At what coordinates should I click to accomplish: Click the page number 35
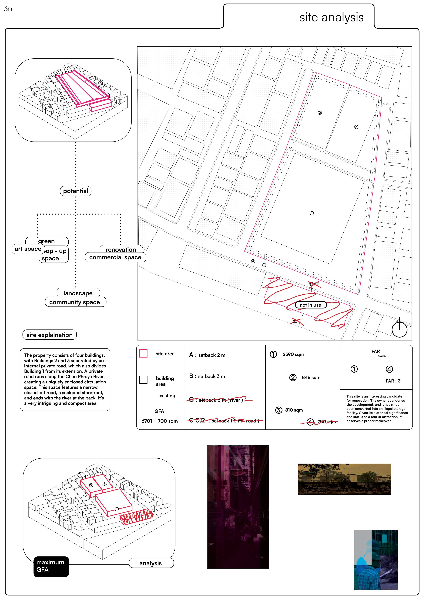pos(8,9)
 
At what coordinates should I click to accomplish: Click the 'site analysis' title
pos(331,17)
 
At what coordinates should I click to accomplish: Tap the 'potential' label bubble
pos(76,191)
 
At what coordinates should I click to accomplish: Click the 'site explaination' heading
pos(50,335)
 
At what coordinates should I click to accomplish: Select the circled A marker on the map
pos(253,261)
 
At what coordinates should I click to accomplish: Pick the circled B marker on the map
pos(264,265)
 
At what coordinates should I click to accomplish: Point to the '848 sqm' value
pos(311,377)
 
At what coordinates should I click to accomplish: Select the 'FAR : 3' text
pos(393,381)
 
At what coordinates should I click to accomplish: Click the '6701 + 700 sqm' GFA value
pos(160,421)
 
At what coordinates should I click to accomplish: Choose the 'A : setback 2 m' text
pos(207,355)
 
